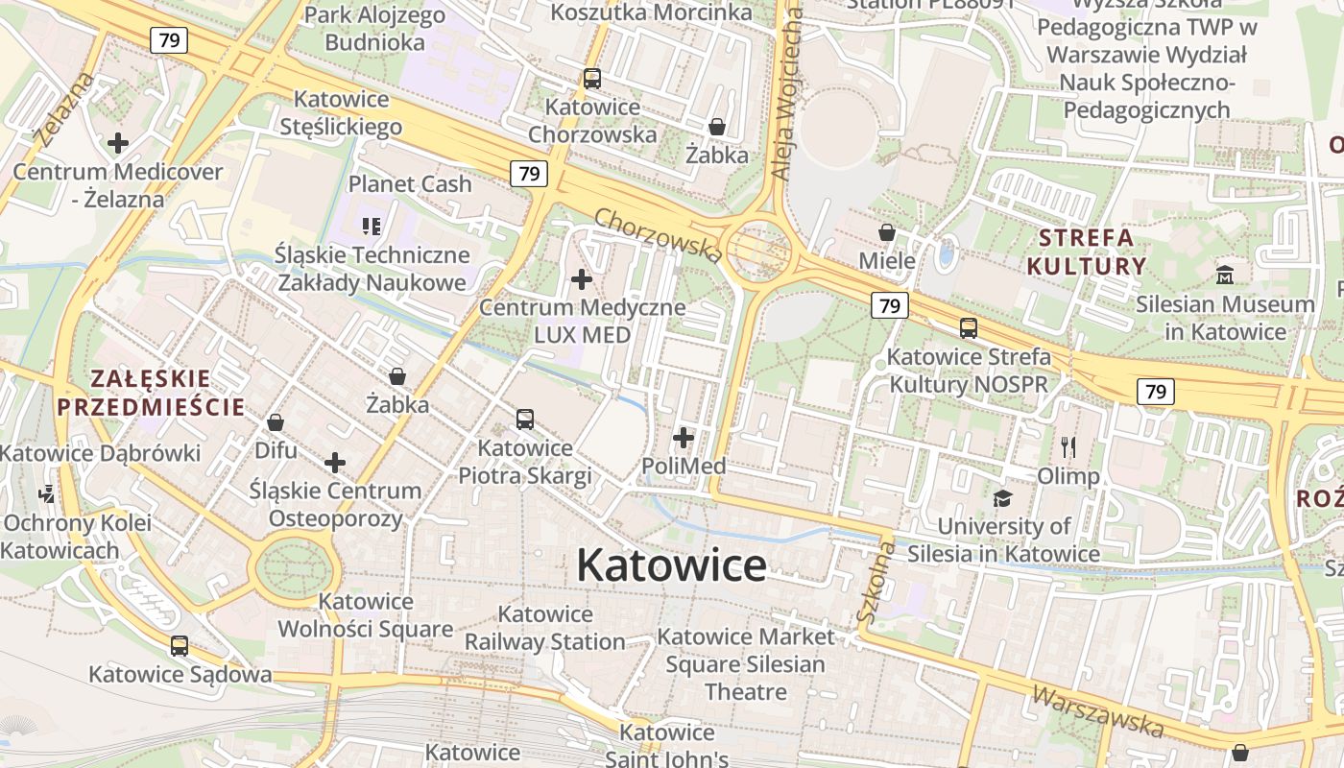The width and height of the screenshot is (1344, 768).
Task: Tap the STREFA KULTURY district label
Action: click(1087, 252)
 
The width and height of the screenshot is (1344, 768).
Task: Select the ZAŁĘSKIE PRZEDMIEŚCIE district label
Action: click(151, 392)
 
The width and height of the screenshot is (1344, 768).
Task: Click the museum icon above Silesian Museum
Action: click(1225, 276)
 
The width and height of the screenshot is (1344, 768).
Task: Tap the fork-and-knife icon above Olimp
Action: click(1068, 446)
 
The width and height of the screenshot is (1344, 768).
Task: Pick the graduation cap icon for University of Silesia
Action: click(1003, 497)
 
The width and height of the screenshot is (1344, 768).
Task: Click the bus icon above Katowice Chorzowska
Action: click(592, 79)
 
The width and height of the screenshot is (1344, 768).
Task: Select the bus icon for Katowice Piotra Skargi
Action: click(524, 420)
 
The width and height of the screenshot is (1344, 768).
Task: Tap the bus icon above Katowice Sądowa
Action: click(180, 646)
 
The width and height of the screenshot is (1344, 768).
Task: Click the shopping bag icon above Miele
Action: click(887, 232)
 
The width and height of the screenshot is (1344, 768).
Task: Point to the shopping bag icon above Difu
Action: click(276, 422)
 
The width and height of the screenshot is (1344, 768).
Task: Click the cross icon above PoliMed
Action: click(684, 439)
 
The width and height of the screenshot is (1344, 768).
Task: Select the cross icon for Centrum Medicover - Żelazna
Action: click(118, 143)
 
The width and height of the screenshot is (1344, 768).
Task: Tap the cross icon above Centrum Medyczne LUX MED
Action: click(582, 279)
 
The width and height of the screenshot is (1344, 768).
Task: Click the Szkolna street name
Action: click(876, 582)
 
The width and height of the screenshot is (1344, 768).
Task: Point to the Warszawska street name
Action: click(1098, 710)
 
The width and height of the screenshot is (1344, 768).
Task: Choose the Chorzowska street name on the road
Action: click(658, 234)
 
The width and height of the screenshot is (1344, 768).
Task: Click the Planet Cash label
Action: click(410, 183)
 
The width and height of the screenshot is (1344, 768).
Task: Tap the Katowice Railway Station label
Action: click(545, 628)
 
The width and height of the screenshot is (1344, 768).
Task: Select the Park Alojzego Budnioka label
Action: click(374, 29)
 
